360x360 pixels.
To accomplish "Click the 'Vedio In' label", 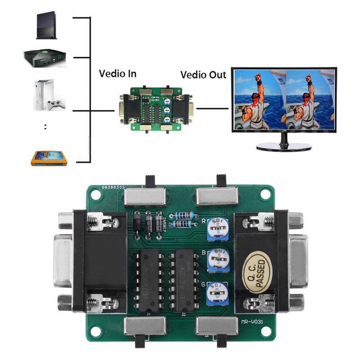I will [x=117, y=74].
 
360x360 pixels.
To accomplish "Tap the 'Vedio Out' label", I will [x=203, y=74].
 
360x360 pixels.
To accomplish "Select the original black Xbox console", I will [x=44, y=58].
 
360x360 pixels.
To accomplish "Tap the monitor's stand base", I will [x=283, y=146].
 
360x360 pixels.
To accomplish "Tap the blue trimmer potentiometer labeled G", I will [x=217, y=293].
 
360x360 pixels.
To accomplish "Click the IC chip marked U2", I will [x=185, y=281].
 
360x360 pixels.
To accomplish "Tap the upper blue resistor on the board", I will [x=182, y=215].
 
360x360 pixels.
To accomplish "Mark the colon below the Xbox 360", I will [x=46, y=127].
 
